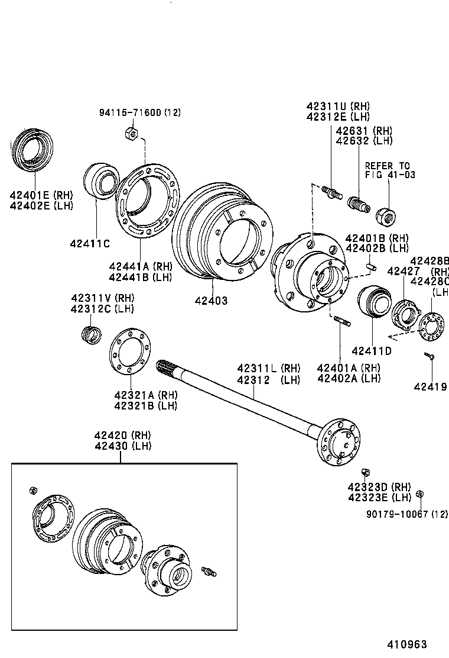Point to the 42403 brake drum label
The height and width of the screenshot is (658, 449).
[x=211, y=301]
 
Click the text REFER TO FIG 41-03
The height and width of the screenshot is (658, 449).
[x=387, y=170]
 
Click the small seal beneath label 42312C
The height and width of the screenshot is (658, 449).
[x=90, y=335]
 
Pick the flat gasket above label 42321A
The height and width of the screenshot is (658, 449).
[x=129, y=353]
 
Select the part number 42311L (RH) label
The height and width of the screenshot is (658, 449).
[x=269, y=368]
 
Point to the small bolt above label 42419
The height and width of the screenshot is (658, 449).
[x=429, y=356]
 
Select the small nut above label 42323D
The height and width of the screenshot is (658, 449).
[x=365, y=472]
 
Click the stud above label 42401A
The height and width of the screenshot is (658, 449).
[x=342, y=322]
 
